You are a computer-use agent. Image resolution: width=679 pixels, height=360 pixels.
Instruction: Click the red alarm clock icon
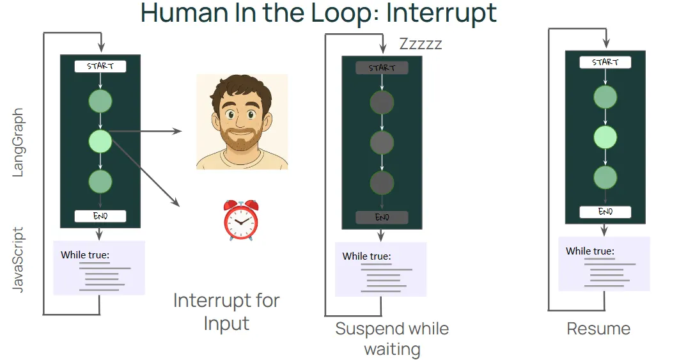(x=240, y=219)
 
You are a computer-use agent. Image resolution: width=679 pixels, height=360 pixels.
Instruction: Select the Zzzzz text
(x=420, y=44)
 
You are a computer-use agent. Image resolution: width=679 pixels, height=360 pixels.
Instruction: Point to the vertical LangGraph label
(x=18, y=143)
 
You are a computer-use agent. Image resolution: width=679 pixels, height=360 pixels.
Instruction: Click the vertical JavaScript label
(x=18, y=259)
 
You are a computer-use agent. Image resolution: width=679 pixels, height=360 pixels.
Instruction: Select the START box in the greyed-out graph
(x=382, y=68)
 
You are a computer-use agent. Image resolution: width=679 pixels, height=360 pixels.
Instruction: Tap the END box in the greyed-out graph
(x=382, y=217)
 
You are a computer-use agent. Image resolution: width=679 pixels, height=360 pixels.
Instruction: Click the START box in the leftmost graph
(x=100, y=66)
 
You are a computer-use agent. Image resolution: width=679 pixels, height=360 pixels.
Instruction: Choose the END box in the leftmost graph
(x=100, y=216)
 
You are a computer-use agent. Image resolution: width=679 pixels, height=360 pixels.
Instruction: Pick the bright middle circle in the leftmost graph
(x=100, y=141)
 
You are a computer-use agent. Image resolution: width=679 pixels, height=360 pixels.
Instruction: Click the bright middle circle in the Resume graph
(x=605, y=137)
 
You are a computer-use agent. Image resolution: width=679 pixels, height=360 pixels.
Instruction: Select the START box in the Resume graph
(x=605, y=62)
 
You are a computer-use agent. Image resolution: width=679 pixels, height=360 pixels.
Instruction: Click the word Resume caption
(x=598, y=329)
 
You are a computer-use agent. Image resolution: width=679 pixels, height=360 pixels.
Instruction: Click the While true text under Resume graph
(x=589, y=251)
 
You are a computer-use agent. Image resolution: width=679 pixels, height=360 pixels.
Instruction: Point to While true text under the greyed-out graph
(x=366, y=256)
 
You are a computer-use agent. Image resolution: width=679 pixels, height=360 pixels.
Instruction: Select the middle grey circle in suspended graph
(x=382, y=142)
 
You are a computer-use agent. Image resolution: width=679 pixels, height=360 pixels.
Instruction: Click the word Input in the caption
(x=226, y=324)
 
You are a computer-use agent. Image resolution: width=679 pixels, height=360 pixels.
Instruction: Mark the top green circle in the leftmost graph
(x=100, y=102)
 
